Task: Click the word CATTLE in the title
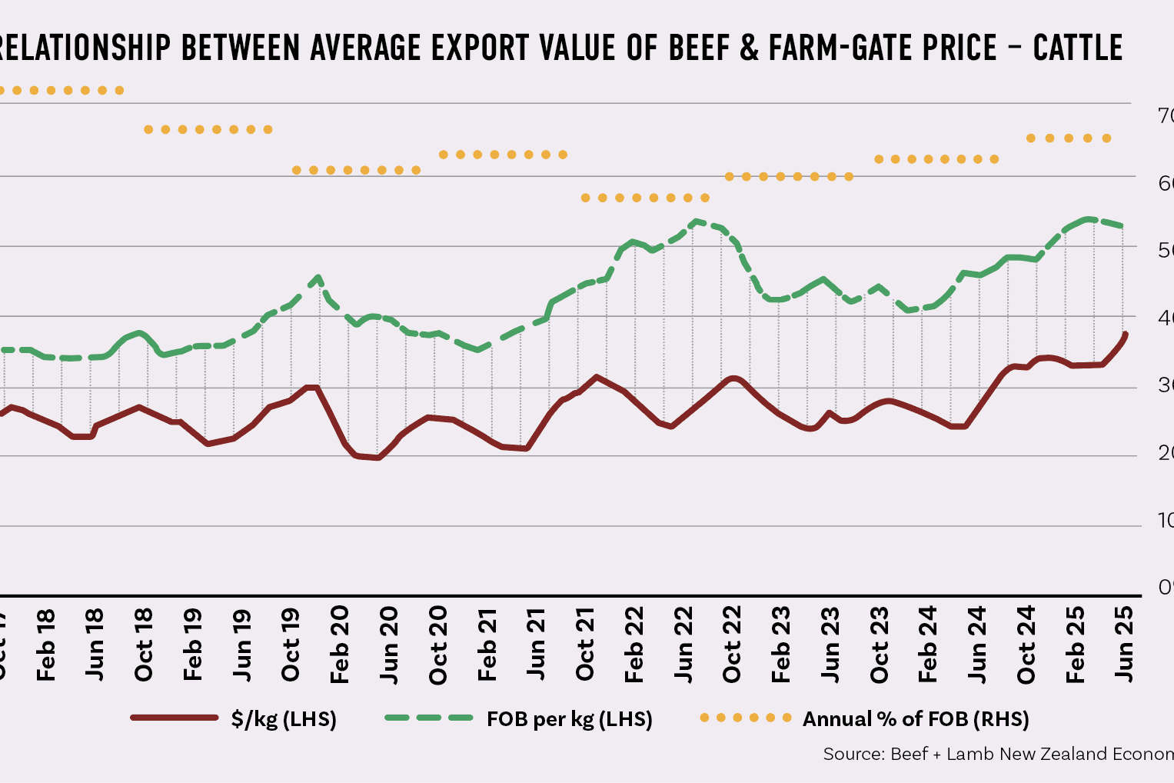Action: click(x=1077, y=48)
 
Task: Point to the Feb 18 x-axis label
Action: click(x=46, y=645)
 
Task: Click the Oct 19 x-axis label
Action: click(x=291, y=645)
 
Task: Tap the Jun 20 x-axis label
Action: click(x=389, y=645)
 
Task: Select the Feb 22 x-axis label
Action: click(x=634, y=645)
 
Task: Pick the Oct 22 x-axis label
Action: click(x=732, y=645)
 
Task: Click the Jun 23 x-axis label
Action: click(x=830, y=645)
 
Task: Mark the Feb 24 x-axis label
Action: click(x=928, y=645)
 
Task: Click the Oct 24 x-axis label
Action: click(x=1026, y=645)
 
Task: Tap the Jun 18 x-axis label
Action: click(x=95, y=645)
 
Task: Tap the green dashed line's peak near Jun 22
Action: click(x=695, y=222)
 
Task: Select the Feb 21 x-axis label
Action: click(x=487, y=645)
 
